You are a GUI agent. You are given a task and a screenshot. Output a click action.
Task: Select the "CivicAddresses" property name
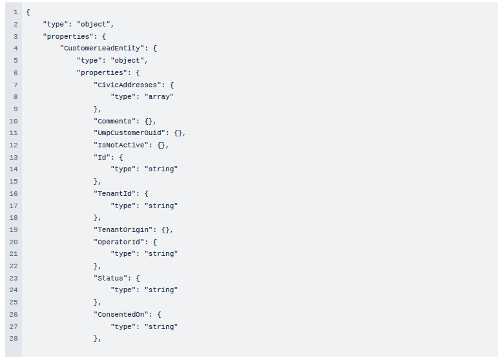(127, 85)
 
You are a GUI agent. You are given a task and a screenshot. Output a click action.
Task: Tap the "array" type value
(159, 97)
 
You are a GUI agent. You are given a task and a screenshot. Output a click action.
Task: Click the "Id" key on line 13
(102, 157)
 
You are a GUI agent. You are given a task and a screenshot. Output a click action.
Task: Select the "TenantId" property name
(114, 193)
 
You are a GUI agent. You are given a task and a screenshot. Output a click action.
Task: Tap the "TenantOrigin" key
(125, 229)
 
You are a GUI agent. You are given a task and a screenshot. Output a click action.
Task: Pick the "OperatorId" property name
(119, 242)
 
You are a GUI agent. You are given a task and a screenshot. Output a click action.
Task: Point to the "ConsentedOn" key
(121, 314)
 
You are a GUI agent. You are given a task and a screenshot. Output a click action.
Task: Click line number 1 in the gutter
(16, 12)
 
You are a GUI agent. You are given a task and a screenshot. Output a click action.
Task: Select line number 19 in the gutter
(14, 229)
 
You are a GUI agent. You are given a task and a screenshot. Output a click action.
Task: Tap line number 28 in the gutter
(14, 338)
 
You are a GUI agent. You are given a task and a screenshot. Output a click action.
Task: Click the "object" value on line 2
(94, 25)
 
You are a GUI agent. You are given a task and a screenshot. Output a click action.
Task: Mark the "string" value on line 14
(161, 169)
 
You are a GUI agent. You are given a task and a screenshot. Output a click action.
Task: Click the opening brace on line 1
(28, 12)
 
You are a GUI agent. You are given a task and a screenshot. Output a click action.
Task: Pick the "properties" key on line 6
(102, 72)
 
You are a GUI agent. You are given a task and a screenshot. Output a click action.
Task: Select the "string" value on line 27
(161, 326)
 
